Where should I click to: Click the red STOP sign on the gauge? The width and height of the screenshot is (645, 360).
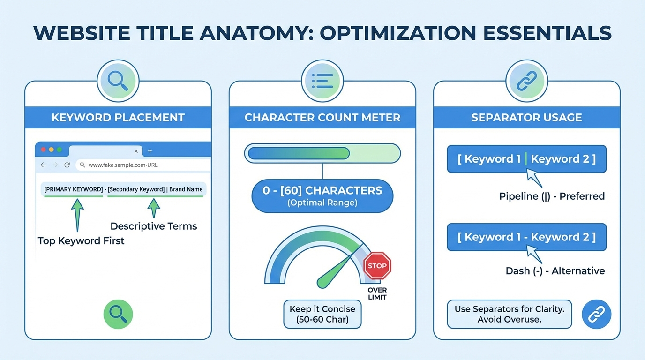pyautogui.click(x=377, y=265)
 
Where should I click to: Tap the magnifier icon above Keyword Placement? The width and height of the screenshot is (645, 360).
pyautogui.click(x=118, y=81)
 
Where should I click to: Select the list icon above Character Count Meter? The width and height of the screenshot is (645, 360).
pyautogui.click(x=322, y=81)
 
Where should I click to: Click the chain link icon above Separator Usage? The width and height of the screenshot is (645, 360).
pyautogui.click(x=526, y=81)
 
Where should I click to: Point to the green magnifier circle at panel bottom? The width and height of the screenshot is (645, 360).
pyautogui.click(x=118, y=314)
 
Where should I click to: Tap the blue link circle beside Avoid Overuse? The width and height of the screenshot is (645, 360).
pyautogui.click(x=596, y=314)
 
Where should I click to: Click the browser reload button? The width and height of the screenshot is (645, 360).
pyautogui.click(x=67, y=165)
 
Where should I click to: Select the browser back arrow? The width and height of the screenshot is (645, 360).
pyautogui.click(x=44, y=165)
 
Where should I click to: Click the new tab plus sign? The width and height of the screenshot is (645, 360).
pyautogui.click(x=150, y=151)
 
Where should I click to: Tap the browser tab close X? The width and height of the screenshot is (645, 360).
pyautogui.click(x=136, y=151)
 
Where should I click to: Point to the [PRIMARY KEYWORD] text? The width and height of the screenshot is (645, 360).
pyautogui.click(x=73, y=189)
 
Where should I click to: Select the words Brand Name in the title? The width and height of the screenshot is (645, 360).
pyautogui.click(x=186, y=189)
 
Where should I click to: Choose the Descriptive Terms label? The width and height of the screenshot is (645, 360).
pyautogui.click(x=153, y=226)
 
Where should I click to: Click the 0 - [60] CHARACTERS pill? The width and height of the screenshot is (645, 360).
pyautogui.click(x=322, y=195)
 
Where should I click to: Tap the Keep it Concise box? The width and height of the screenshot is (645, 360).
pyautogui.click(x=322, y=314)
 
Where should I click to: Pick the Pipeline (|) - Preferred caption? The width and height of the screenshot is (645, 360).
pyautogui.click(x=552, y=196)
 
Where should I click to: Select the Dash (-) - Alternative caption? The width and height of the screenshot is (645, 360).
pyautogui.click(x=555, y=270)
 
